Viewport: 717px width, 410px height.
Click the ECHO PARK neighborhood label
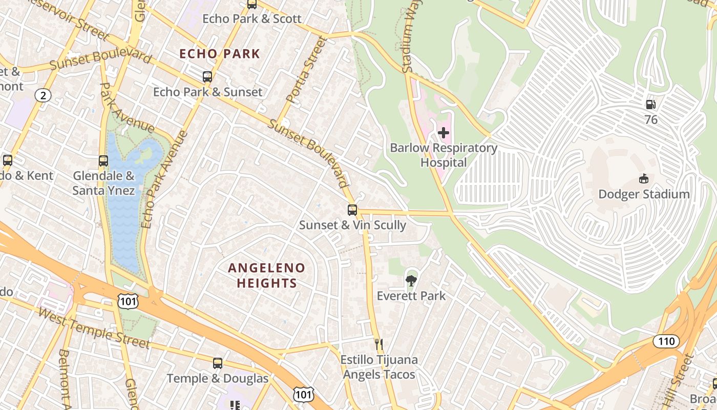point(220,54)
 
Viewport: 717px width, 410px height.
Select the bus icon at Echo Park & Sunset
point(207,77)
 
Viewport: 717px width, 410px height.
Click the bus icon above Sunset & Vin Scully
point(352,210)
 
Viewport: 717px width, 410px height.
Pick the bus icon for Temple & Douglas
point(218,363)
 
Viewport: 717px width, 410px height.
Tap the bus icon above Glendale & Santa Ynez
point(103,160)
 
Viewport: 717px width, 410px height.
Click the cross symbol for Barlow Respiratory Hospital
point(444,133)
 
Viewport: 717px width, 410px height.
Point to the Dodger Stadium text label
point(644,194)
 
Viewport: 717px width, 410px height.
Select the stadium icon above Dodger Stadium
point(644,179)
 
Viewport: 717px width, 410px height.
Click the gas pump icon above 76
point(650,105)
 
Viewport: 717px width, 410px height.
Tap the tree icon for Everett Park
point(411,280)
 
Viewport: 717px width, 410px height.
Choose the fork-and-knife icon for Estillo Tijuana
point(379,344)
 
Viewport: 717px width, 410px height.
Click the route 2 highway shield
point(44,95)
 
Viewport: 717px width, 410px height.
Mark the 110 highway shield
point(666,341)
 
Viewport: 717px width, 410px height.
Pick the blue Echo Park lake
point(123,205)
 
